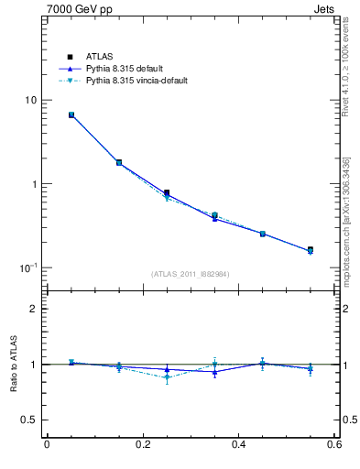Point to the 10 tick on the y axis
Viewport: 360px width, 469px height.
click(29, 100)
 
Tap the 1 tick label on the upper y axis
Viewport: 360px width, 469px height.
click(33, 184)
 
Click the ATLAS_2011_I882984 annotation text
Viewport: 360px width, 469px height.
click(191, 274)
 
